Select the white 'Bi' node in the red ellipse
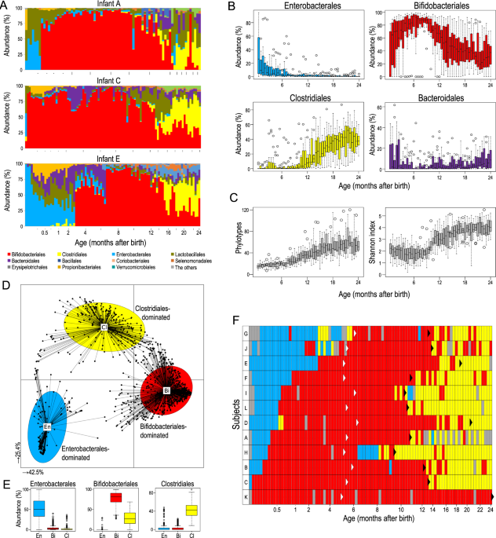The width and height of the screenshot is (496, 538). pos(166,390)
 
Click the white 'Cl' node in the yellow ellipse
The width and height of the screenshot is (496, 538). pos(103,325)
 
